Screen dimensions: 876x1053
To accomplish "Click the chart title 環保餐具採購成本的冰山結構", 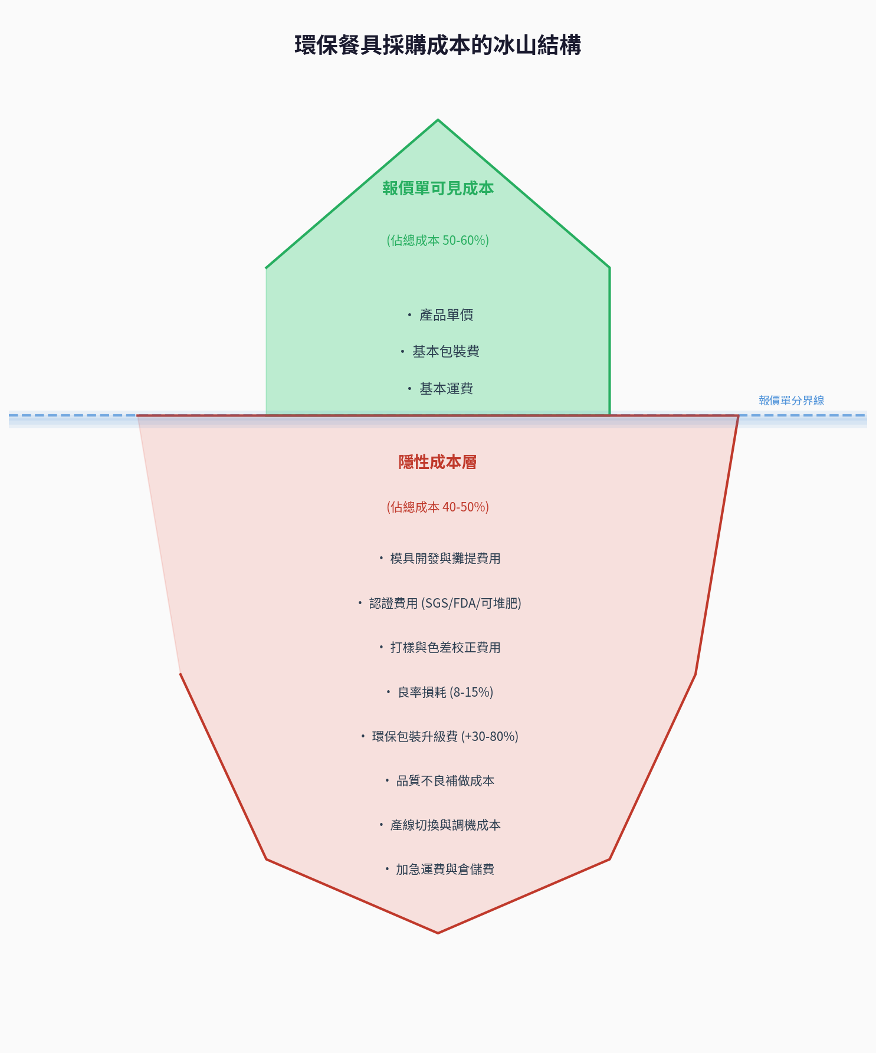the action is coord(438,45).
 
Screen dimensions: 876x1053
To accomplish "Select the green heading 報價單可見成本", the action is coord(438,188).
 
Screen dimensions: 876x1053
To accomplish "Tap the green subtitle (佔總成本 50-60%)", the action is coord(438,240).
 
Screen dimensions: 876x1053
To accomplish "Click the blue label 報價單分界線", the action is coord(791,401).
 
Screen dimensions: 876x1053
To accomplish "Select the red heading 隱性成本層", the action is coord(438,462).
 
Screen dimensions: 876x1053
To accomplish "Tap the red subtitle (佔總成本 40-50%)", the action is coord(438,507).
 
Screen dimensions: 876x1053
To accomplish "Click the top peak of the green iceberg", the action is coord(438,120).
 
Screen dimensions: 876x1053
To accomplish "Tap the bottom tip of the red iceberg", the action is coord(438,933).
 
